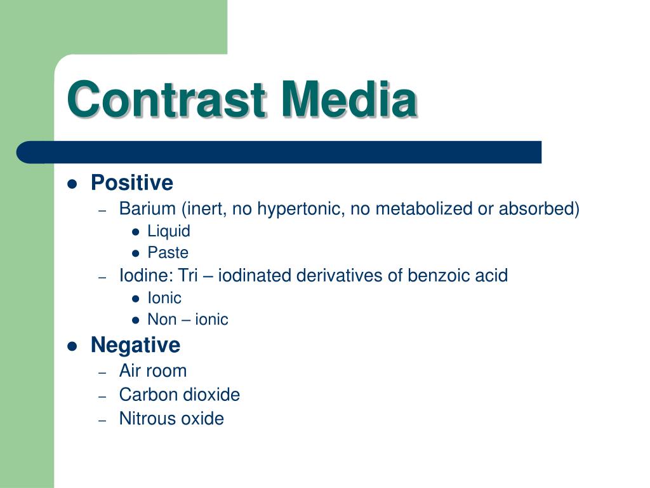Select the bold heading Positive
[132, 183]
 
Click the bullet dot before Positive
[72, 184]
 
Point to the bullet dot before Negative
[72, 346]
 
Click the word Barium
[147, 208]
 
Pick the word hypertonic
[301, 209]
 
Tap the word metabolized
[423, 208]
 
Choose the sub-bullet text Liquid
[169, 231]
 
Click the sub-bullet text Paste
[168, 253]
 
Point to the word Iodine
[147, 275]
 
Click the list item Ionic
[164, 298]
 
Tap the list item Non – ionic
[188, 320]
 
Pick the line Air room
[153, 371]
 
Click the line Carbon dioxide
[180, 395]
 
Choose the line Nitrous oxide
[171, 418]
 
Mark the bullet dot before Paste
[136, 253]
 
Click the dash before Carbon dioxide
[102, 396]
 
